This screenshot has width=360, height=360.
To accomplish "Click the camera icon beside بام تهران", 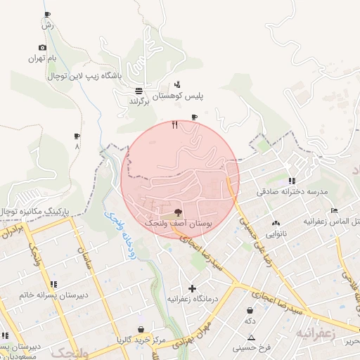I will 42,48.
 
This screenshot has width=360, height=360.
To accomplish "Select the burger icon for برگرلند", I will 139,91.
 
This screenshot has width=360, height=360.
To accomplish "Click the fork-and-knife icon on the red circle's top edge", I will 174,125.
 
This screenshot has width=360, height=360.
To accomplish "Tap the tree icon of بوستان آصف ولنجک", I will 178,211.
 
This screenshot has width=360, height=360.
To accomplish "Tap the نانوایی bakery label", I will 276,233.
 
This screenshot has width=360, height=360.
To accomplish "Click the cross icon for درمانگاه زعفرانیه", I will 192,288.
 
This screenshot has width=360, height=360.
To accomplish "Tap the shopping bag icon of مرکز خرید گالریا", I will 141,329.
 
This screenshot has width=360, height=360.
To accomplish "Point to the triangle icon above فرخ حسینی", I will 251,337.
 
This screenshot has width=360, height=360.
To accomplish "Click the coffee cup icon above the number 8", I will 77,136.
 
